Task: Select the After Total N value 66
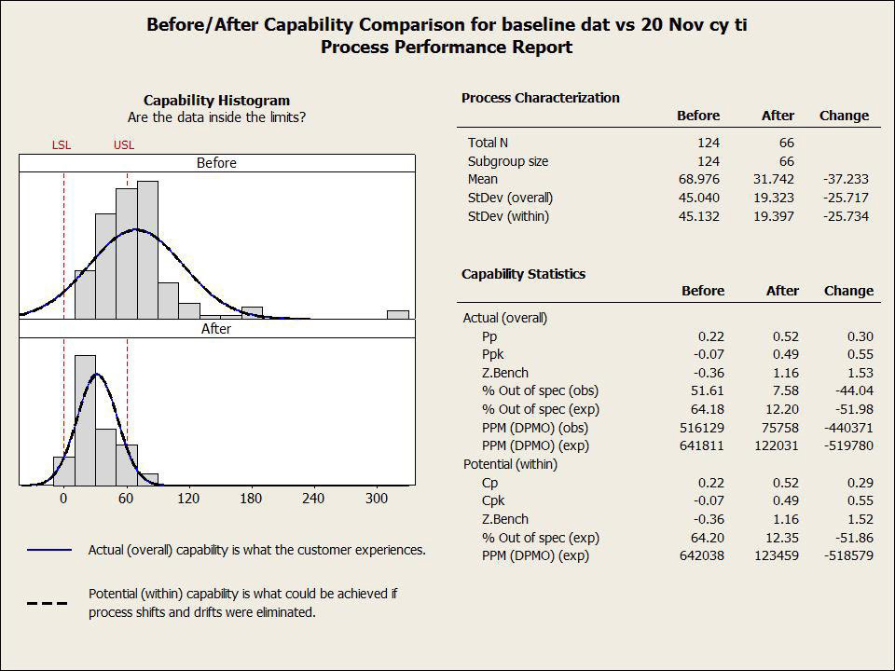click(785, 143)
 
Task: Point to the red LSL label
click(62, 145)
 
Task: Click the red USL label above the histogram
click(124, 145)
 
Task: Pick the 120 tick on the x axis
click(188, 499)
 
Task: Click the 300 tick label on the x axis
click(377, 499)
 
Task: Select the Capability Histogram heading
click(216, 101)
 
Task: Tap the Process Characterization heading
click(540, 98)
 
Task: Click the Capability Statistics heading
click(523, 274)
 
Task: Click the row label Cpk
click(494, 500)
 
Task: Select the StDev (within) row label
click(508, 216)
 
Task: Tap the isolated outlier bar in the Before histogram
click(398, 315)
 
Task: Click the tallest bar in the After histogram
click(85, 419)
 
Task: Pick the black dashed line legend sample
click(48, 603)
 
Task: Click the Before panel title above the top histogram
click(216, 163)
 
